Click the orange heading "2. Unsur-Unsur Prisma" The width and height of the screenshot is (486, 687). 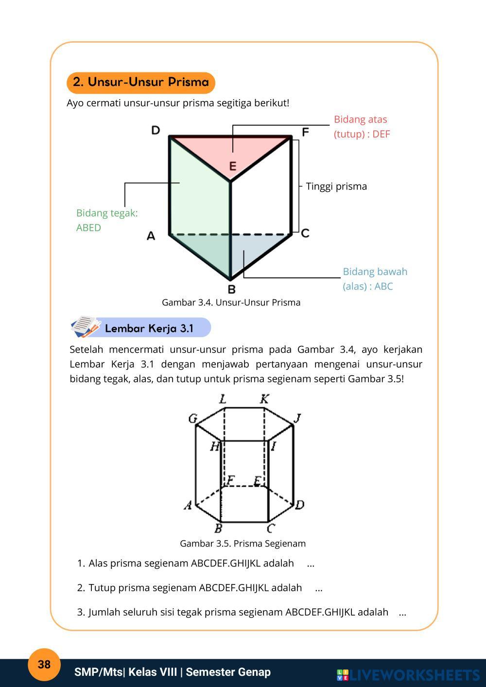140,82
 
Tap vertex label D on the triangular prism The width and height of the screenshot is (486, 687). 156,130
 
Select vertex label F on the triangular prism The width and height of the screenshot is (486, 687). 305,132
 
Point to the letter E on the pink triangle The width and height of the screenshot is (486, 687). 233,166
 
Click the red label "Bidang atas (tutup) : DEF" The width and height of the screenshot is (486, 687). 362,126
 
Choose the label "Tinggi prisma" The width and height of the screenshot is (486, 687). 336,186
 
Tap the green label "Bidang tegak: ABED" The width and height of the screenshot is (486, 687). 107,220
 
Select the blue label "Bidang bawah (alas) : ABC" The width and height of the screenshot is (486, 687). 375,278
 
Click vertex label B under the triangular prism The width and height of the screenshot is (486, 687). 231,289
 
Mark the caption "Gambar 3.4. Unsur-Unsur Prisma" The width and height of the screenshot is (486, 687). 231,302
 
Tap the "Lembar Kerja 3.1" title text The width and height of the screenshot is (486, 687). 149,328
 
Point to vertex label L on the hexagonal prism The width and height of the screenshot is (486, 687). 223,399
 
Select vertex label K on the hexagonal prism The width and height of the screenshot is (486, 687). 264,399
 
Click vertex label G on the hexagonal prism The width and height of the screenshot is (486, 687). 192,418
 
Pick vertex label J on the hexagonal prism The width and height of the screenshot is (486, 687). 298,418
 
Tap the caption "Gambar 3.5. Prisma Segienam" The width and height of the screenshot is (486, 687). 243,543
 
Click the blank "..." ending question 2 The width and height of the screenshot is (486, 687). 319,588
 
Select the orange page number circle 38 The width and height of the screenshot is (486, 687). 44,664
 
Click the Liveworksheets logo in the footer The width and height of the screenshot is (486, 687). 408,674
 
